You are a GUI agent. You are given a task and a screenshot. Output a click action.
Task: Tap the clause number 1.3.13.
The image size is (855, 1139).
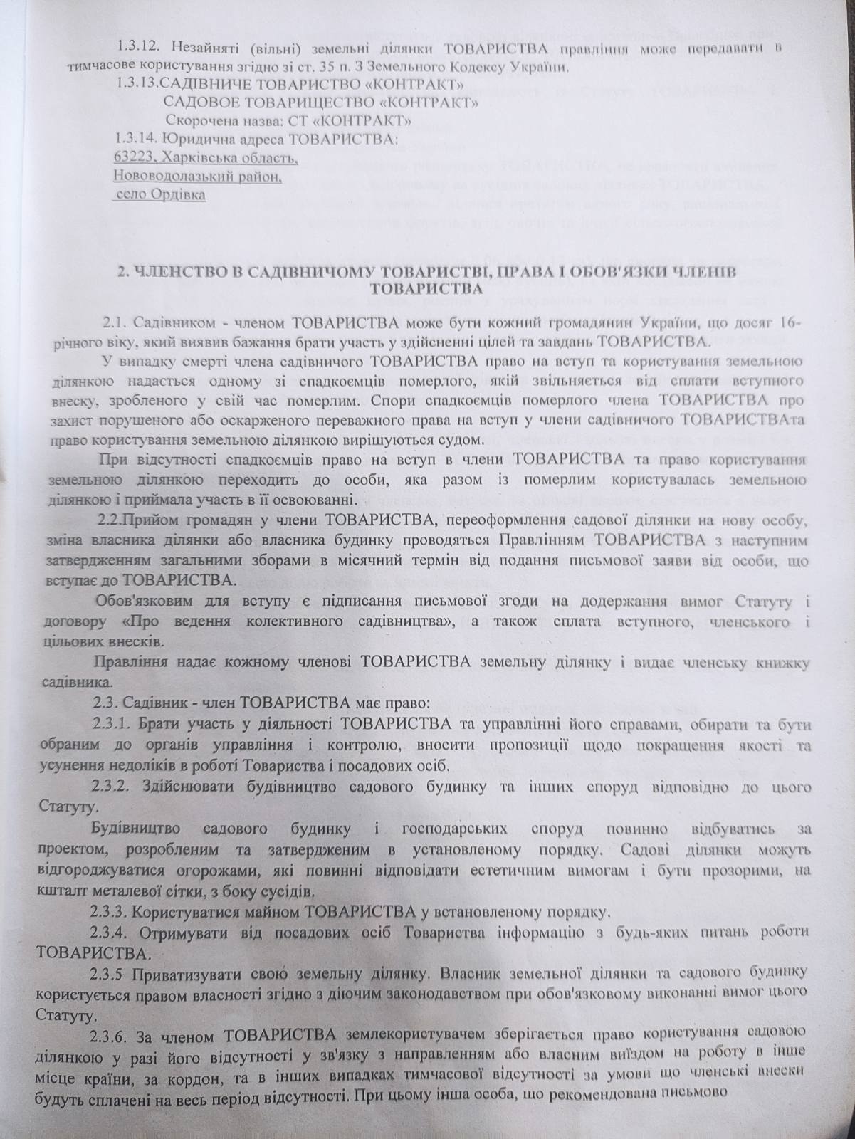point(142,84)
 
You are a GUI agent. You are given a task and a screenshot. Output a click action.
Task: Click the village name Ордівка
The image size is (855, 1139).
point(176,194)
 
